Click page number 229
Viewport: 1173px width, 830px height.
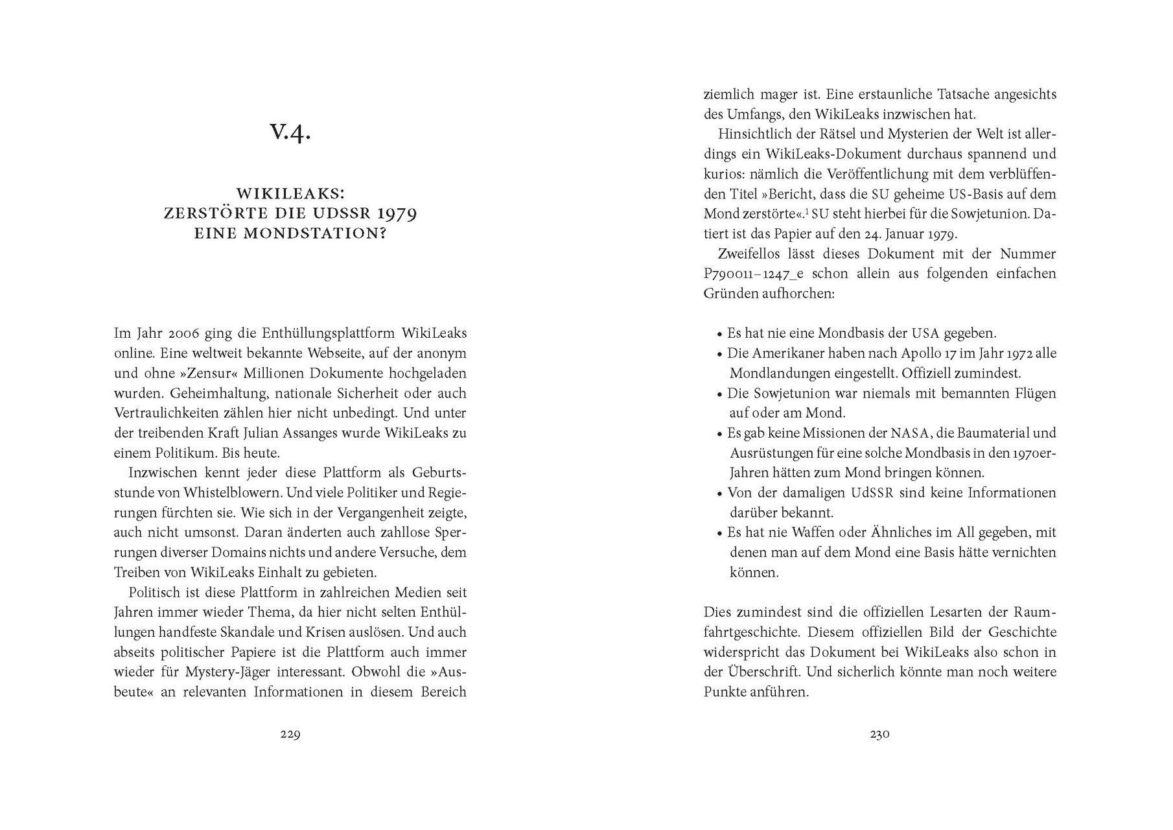[x=290, y=735]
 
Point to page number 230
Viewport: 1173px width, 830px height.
[x=879, y=735]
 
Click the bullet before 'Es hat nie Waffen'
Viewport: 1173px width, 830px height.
[x=719, y=534]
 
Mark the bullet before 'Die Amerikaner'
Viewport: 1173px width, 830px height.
[x=719, y=355]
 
